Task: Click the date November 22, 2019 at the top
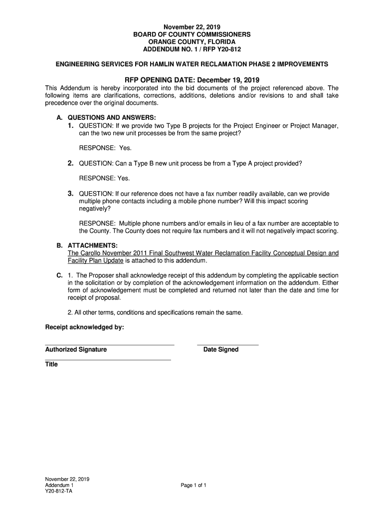point(192,26)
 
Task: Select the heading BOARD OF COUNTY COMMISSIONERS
point(192,34)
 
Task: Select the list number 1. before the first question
point(72,126)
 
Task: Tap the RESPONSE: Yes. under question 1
point(105,148)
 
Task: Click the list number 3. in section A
point(72,194)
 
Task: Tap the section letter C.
point(59,275)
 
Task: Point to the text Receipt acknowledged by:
point(84,327)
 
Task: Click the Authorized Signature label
point(76,350)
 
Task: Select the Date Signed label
point(221,350)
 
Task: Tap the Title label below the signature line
point(51,364)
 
